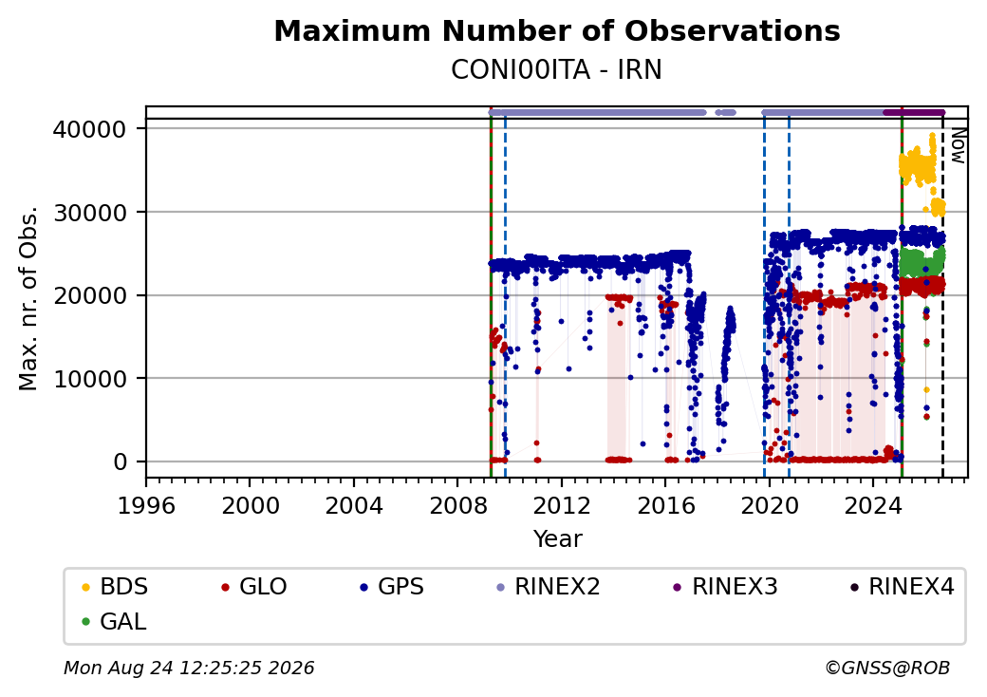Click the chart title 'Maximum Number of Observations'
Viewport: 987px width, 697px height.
pyautogui.click(x=557, y=30)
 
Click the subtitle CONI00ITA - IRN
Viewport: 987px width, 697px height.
pyautogui.click(x=556, y=70)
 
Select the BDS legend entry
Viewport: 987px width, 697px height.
pyautogui.click(x=115, y=587)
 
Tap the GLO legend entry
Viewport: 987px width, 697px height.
pyautogui.click(x=254, y=587)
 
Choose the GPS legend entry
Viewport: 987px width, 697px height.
pyautogui.click(x=392, y=587)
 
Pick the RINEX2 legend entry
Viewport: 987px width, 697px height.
pyautogui.click(x=549, y=587)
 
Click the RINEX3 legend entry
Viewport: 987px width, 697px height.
pyautogui.click(x=726, y=587)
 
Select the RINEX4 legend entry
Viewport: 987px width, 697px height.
pyautogui.click(x=903, y=587)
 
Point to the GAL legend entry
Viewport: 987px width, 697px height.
pyautogui.click(x=115, y=621)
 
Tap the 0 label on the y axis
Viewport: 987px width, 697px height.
pyautogui.click(x=121, y=462)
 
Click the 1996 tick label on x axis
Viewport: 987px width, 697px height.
pyautogui.click(x=146, y=505)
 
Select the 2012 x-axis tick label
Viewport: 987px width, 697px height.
pyautogui.click(x=561, y=505)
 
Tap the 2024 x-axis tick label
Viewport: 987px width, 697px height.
pyautogui.click(x=872, y=505)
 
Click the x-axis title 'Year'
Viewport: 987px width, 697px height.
pyautogui.click(x=558, y=539)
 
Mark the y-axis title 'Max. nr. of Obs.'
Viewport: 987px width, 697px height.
pyautogui.click(x=28, y=298)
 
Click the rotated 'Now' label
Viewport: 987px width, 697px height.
pyautogui.click(x=958, y=146)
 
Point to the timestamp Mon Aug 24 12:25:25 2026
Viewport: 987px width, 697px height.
pyautogui.click(x=189, y=668)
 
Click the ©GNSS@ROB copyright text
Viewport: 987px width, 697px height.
pyautogui.click(x=887, y=668)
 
